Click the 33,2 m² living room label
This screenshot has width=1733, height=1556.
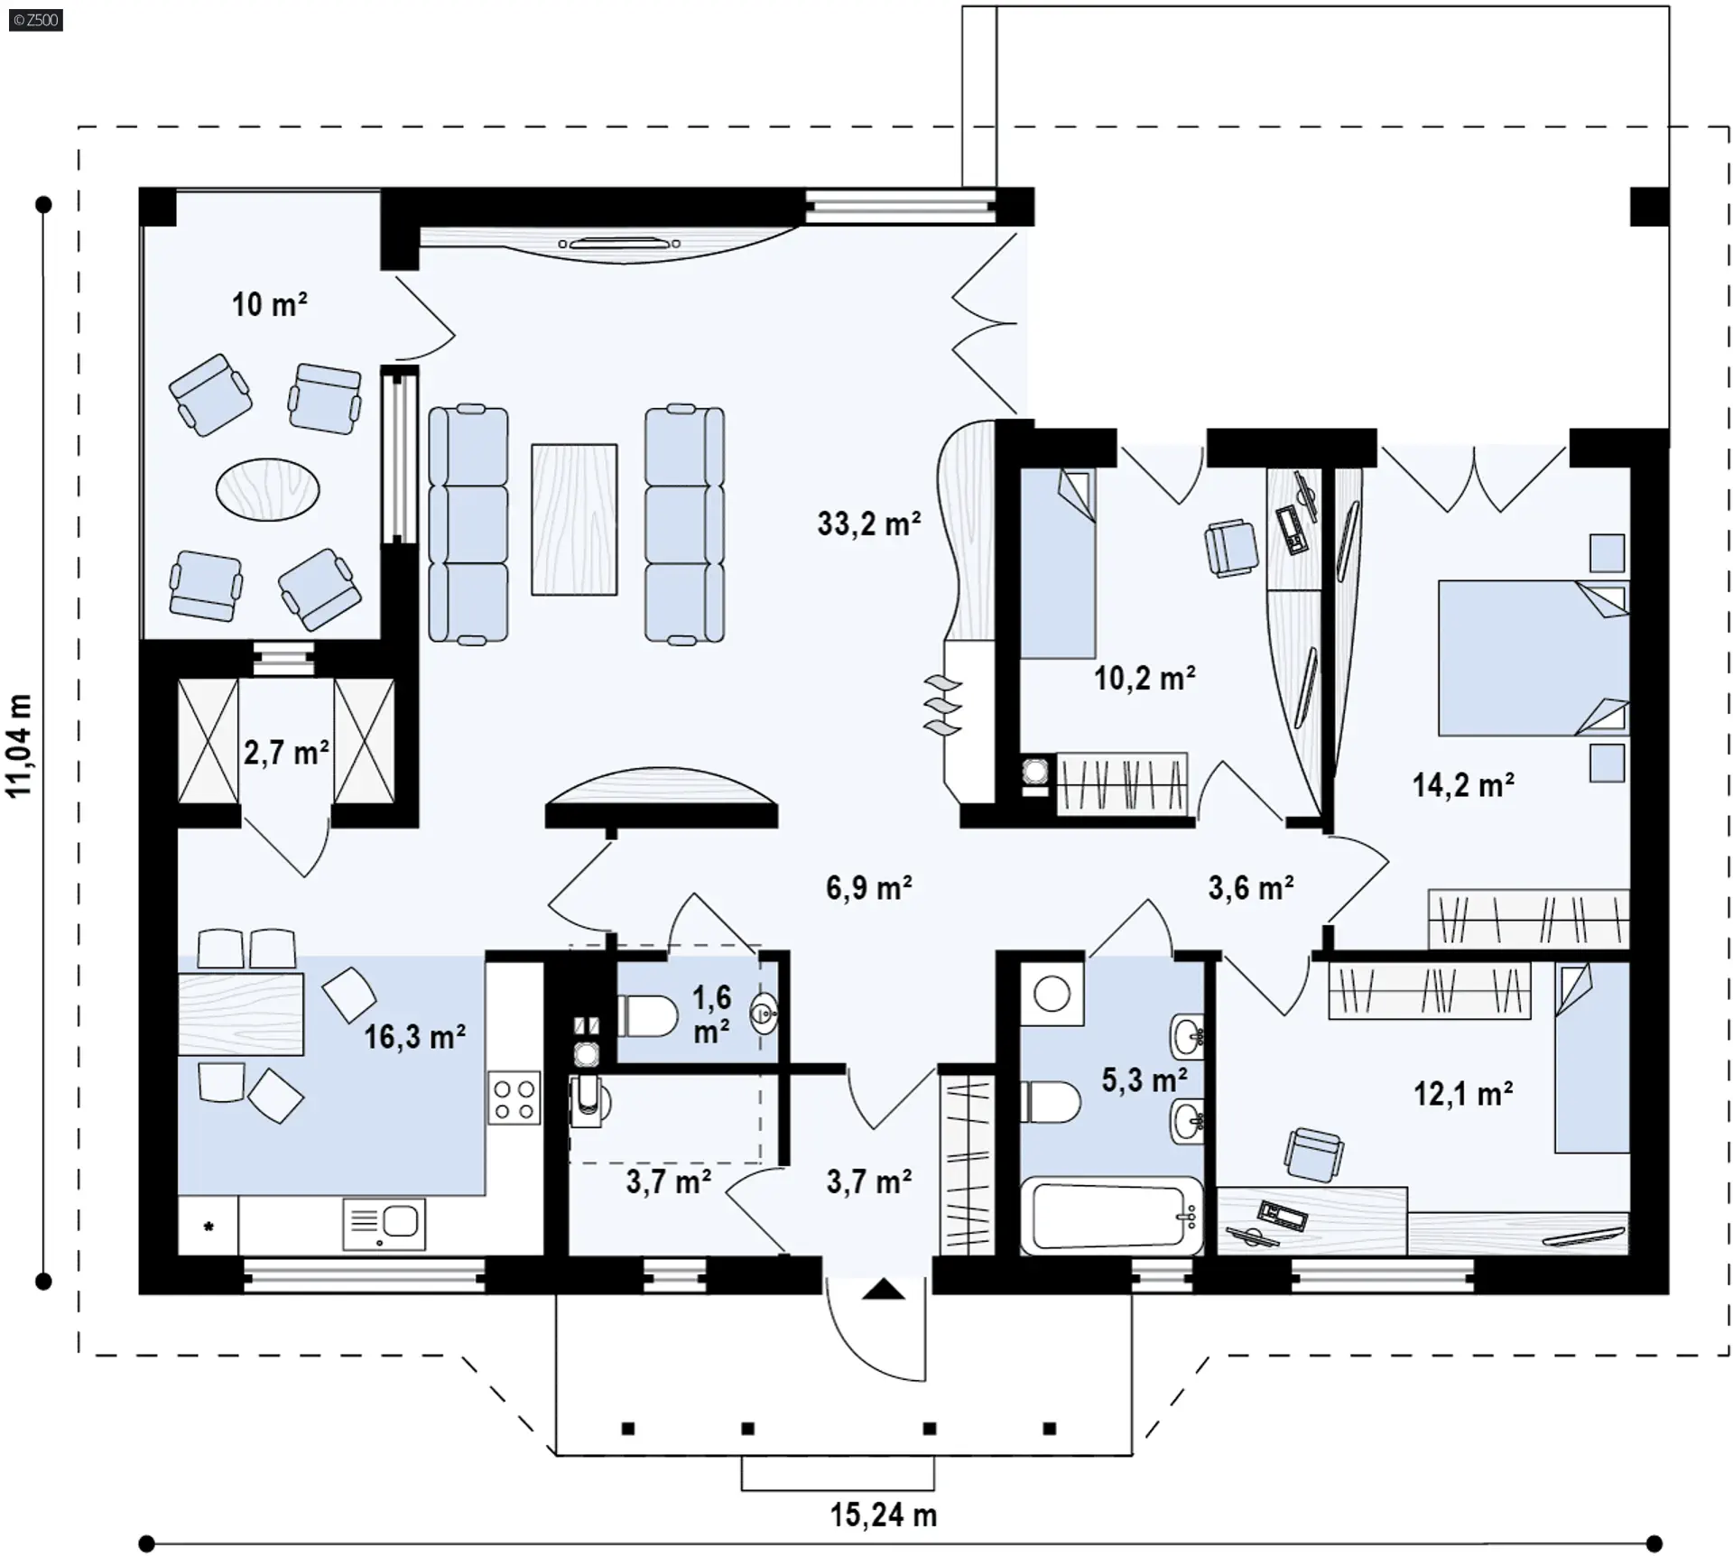(x=869, y=523)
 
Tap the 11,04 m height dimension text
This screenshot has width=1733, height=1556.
(x=20, y=746)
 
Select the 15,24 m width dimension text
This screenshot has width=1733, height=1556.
(x=884, y=1514)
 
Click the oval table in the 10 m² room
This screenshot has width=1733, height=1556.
(x=267, y=489)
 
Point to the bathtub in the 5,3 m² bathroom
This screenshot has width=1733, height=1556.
(x=1112, y=1215)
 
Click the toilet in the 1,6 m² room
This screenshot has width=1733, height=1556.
(x=647, y=1016)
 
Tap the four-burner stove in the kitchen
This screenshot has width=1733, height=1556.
(x=514, y=1098)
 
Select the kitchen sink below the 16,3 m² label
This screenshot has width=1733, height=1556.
(x=385, y=1224)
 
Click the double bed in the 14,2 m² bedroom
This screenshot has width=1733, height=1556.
(x=1534, y=658)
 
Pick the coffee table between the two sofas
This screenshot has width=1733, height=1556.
(x=574, y=519)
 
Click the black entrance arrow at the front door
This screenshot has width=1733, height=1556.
(x=883, y=1289)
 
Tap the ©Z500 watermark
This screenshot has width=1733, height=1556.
(x=36, y=19)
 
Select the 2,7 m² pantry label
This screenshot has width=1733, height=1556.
(x=286, y=752)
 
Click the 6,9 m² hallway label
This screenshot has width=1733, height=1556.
(x=868, y=887)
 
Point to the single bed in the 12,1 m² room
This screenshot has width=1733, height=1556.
(x=1591, y=1058)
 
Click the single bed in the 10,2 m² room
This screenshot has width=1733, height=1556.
(x=1058, y=563)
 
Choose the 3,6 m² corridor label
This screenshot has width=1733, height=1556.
(x=1251, y=887)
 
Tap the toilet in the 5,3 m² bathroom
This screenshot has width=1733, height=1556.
(x=1051, y=1102)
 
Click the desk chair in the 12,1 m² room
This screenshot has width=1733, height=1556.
(x=1313, y=1153)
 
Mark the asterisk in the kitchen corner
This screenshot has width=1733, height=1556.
(x=209, y=1226)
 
